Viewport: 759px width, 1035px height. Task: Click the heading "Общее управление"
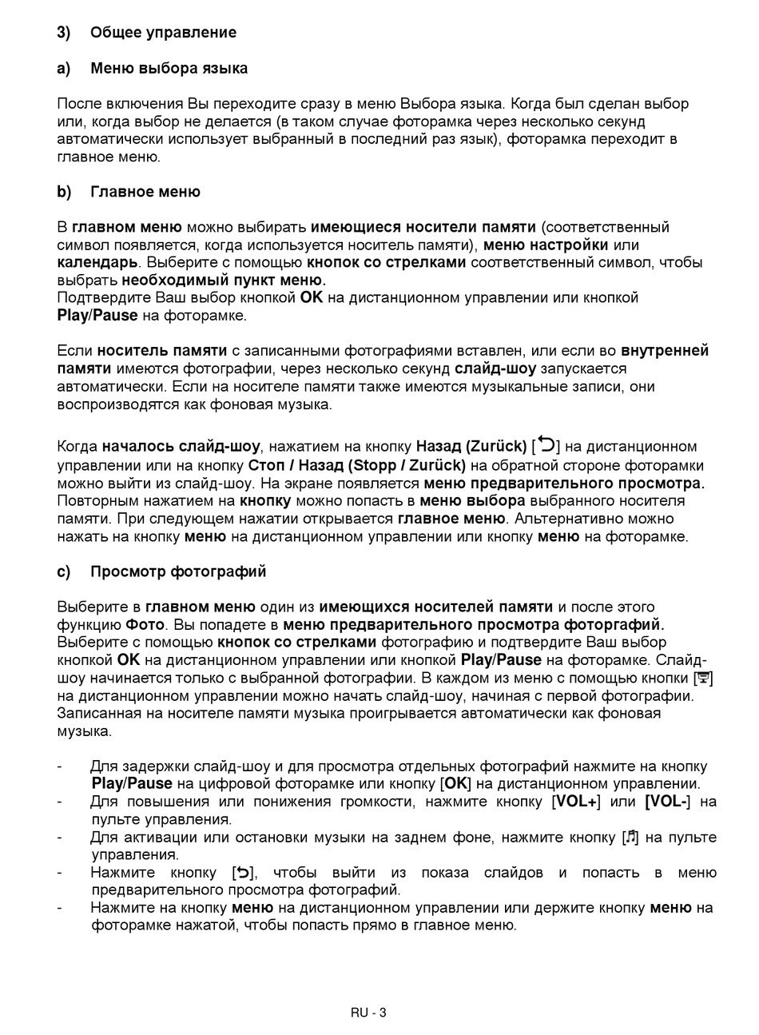[x=163, y=33]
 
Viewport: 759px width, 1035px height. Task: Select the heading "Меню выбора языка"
[x=169, y=69]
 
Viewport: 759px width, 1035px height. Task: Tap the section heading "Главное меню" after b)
[x=145, y=193]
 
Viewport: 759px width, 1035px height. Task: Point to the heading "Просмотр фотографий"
[x=178, y=572]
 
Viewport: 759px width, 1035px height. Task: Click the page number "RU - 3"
[x=368, y=1013]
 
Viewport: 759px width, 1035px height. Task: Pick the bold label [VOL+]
[x=576, y=802]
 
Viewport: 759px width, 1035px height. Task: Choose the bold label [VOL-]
[x=668, y=802]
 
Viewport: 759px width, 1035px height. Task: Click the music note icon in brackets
[x=631, y=837]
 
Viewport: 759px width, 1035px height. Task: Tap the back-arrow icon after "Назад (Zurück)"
[x=546, y=444]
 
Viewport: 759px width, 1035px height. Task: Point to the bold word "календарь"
[x=97, y=263]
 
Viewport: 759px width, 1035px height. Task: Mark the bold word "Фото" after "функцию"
[x=145, y=625]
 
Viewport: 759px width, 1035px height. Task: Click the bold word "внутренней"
[x=665, y=351]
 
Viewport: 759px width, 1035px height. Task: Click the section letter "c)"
[x=63, y=572]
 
